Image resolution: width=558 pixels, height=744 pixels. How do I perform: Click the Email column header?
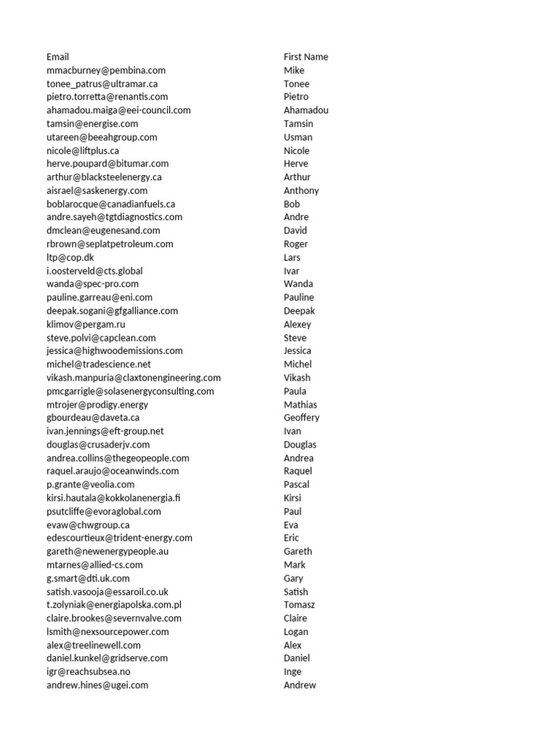click(x=58, y=57)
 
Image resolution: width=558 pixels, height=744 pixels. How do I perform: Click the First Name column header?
click(x=306, y=57)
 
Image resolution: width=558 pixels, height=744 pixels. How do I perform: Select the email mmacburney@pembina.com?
click(x=106, y=70)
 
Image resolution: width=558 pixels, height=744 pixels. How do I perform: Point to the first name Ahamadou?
click(x=306, y=110)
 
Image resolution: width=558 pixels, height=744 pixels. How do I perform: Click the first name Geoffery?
click(x=302, y=418)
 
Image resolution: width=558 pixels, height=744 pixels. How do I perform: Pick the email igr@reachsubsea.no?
click(x=89, y=671)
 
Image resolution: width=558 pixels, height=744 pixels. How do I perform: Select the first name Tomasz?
click(x=299, y=604)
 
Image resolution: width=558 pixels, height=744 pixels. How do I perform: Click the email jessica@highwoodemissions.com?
click(x=115, y=351)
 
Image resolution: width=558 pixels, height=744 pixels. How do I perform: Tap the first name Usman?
click(x=298, y=137)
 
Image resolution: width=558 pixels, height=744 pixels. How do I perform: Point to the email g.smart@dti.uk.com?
click(x=88, y=578)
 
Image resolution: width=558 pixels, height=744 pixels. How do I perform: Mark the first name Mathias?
click(x=300, y=405)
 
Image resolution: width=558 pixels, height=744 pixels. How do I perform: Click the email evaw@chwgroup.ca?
click(x=88, y=525)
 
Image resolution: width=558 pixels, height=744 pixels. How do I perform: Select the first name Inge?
click(x=293, y=671)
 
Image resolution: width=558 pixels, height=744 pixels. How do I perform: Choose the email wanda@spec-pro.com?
click(x=92, y=284)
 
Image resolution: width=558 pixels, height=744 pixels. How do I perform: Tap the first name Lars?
click(x=292, y=257)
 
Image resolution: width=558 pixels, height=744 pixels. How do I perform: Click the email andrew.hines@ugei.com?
click(x=97, y=685)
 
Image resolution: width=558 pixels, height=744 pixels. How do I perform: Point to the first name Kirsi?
click(x=293, y=498)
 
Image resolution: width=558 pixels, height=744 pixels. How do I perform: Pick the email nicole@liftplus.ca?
click(x=83, y=150)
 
